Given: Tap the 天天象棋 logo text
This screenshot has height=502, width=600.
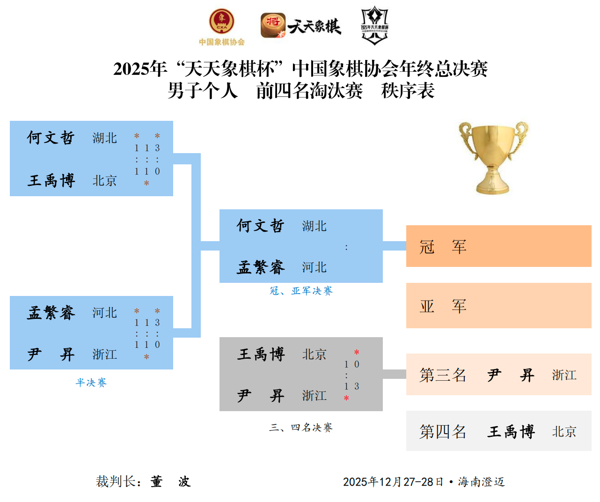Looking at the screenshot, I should pyautogui.click(x=314, y=26).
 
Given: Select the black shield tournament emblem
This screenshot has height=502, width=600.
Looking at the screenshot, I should pyautogui.click(x=374, y=26).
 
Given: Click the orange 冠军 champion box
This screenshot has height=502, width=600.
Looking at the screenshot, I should pyautogui.click(x=498, y=246).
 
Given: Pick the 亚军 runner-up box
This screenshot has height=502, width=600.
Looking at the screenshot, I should pyautogui.click(x=498, y=306).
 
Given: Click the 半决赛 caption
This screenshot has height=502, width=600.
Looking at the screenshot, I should pyautogui.click(x=91, y=383).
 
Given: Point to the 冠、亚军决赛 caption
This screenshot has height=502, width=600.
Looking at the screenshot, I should pyautogui.click(x=301, y=291).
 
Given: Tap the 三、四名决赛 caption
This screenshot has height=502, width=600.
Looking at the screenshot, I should pyautogui.click(x=301, y=428).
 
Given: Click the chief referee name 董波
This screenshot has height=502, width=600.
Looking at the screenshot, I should pyautogui.click(x=170, y=481).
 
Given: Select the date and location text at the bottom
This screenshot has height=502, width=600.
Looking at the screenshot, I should pyautogui.click(x=424, y=482).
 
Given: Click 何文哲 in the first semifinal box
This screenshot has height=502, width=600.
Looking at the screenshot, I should pyautogui.click(x=51, y=138).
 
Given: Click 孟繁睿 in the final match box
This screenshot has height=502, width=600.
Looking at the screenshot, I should pyautogui.click(x=261, y=267).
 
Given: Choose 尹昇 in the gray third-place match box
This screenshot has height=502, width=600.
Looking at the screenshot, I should pyautogui.click(x=261, y=396).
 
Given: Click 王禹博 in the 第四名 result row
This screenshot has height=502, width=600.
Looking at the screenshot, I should pyautogui.click(x=511, y=431).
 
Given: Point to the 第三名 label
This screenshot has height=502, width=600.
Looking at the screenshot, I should pyautogui.click(x=443, y=375).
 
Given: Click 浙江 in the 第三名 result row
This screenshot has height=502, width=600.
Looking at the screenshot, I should pyautogui.click(x=564, y=375).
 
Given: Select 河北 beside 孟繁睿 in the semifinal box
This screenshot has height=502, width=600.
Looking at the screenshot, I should pyautogui.click(x=104, y=313).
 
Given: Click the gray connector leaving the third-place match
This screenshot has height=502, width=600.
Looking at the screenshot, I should pyautogui.click(x=394, y=374).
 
